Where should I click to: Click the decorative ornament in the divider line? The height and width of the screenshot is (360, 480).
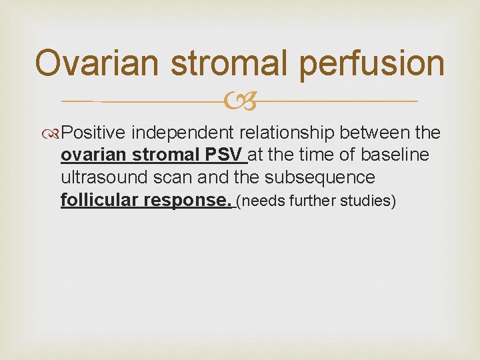point(239,101)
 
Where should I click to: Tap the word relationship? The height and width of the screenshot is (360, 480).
point(292,133)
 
